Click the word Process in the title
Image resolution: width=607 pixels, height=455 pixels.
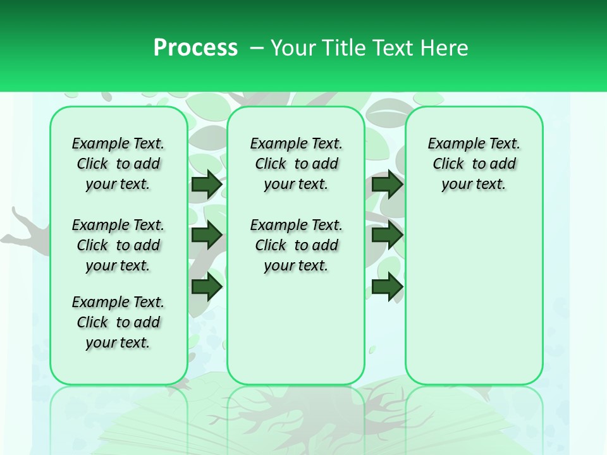coord(195,47)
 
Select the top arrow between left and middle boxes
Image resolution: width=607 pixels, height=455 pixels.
coord(207,185)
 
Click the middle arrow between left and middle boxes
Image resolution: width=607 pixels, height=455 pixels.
coord(207,235)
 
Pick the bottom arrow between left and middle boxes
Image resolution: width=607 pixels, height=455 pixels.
coord(207,286)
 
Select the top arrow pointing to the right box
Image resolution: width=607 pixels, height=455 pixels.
coord(387,185)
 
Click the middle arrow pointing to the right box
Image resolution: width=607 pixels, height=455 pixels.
coord(387,235)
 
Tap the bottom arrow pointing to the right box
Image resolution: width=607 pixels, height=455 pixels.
coord(387,286)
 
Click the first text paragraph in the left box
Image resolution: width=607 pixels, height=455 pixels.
coord(118,164)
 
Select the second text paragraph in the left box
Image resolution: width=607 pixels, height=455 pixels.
coord(118,245)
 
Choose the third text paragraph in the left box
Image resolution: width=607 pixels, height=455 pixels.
coord(118,322)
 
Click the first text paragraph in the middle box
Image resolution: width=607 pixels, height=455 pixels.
coord(296,164)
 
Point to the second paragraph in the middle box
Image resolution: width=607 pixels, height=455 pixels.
coord(296,245)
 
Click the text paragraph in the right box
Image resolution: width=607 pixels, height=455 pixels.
coord(474,164)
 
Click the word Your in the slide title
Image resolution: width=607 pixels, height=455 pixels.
coord(293,47)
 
